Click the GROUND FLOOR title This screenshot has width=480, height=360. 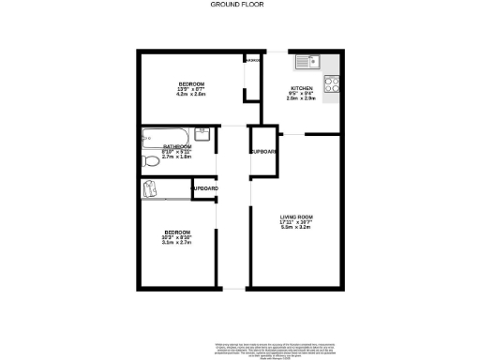238,6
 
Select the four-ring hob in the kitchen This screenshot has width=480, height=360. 331,82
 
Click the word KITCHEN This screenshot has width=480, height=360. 301,88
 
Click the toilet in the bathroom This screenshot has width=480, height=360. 149,163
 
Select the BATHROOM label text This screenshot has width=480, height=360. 177,147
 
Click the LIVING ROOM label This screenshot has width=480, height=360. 295,217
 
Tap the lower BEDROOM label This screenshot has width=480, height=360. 177,232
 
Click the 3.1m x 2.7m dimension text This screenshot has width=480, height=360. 177,244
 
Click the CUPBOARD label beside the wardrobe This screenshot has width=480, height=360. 204,189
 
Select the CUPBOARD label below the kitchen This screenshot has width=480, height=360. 262,152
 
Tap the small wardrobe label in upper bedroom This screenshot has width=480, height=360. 253,61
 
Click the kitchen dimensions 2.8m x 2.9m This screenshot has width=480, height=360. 301,98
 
